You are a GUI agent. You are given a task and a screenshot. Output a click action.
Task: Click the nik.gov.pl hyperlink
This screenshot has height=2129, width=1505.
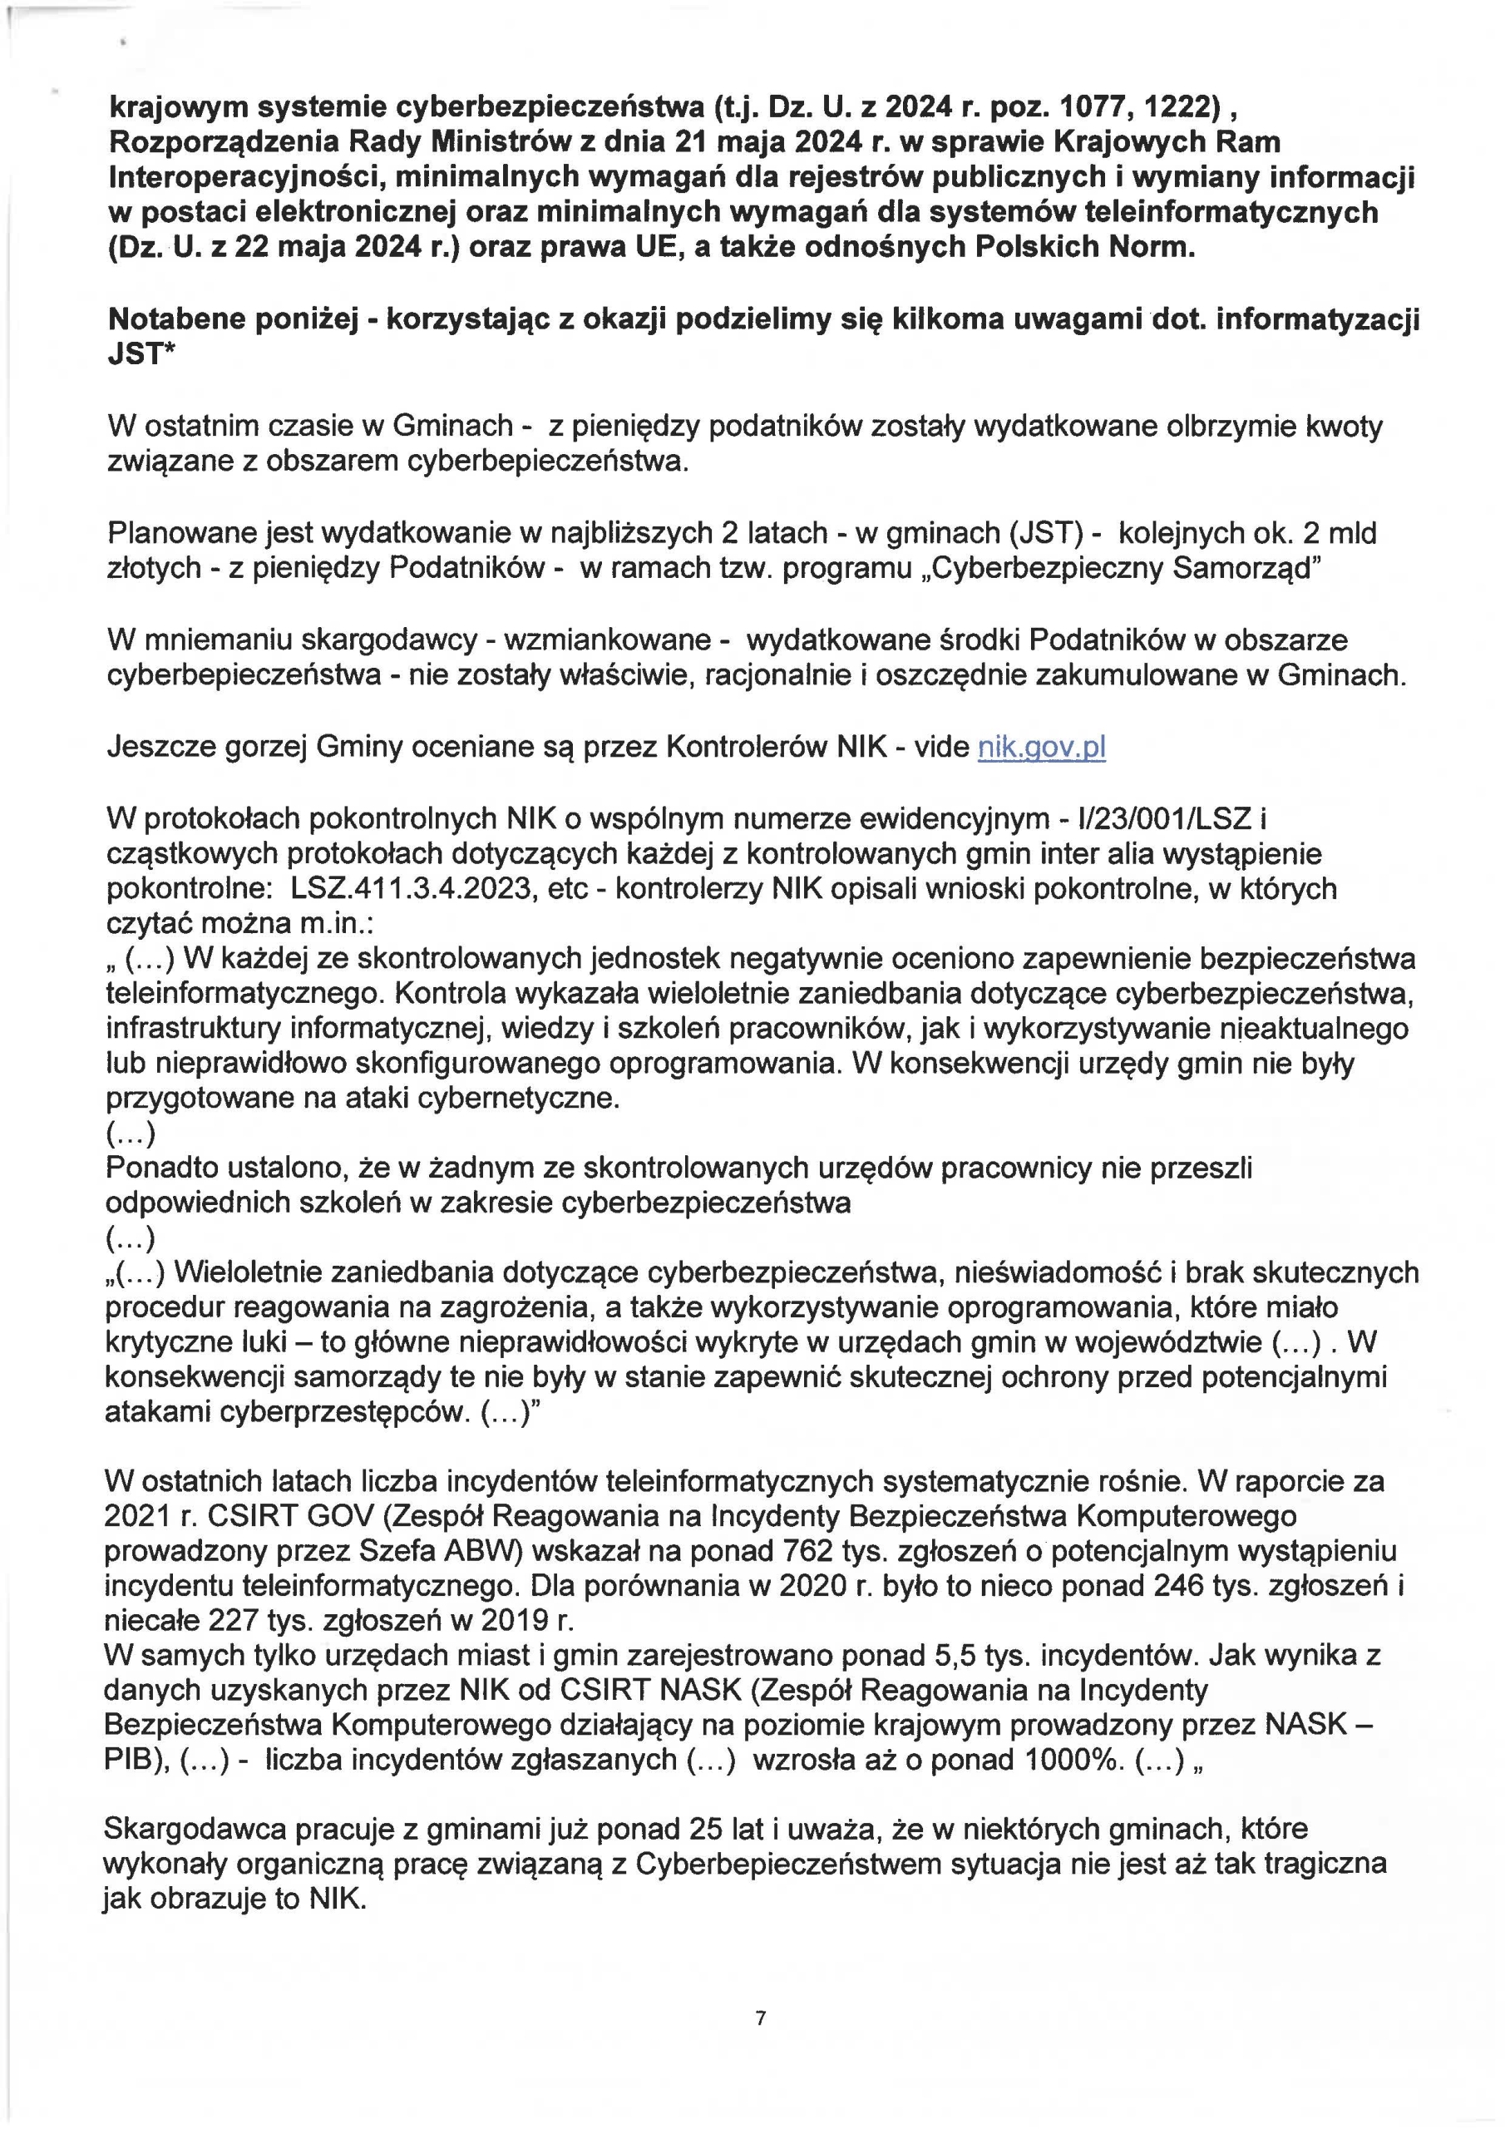pos(1041,747)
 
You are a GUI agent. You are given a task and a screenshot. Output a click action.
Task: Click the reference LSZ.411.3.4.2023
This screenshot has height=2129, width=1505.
pos(410,888)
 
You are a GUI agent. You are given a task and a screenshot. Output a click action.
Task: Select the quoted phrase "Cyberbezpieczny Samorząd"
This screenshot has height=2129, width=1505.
pos(1118,567)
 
